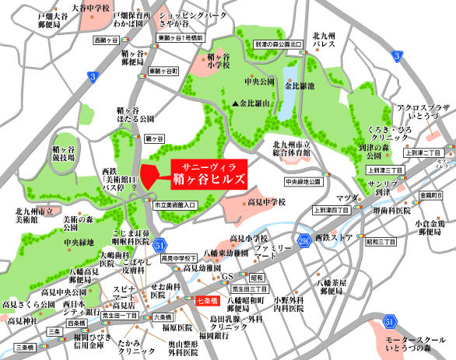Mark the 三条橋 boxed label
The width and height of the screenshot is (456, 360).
[x=23, y=346]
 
